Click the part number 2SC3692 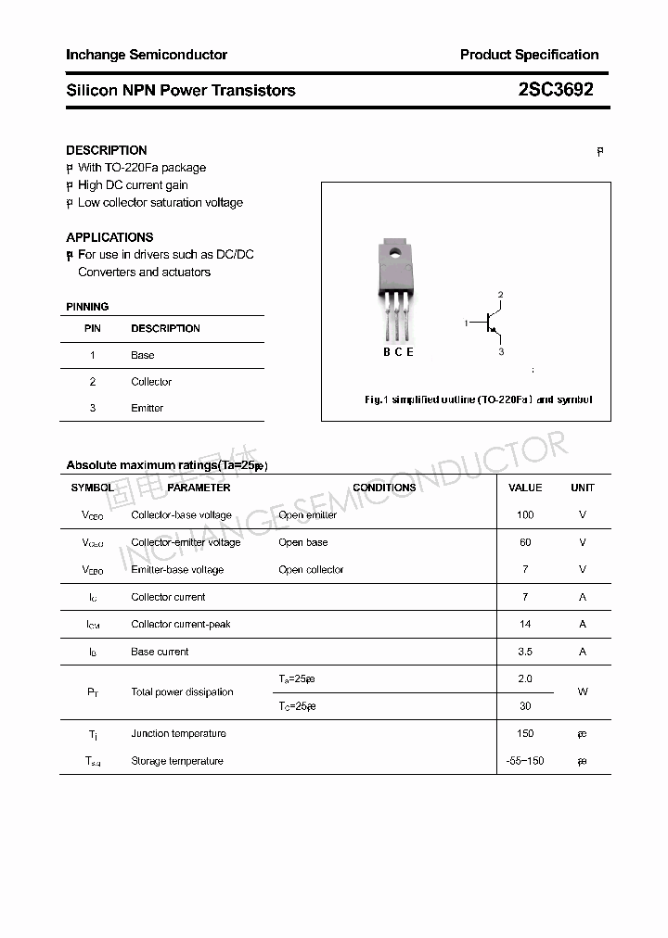(556, 90)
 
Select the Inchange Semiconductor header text (147, 55)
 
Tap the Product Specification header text (529, 55)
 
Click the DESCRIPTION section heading (106, 150)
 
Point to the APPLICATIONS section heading (109, 237)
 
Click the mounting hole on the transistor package (395, 250)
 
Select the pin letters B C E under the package (398, 352)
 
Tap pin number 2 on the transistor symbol (501, 296)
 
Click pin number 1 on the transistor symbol (467, 323)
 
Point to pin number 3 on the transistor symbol (501, 352)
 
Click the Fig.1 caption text (477, 399)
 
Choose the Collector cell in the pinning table (151, 382)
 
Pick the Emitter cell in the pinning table (147, 408)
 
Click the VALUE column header (525, 488)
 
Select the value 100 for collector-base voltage (525, 514)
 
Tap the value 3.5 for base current (525, 652)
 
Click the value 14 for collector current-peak (525, 624)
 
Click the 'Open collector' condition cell (311, 570)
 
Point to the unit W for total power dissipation (583, 691)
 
